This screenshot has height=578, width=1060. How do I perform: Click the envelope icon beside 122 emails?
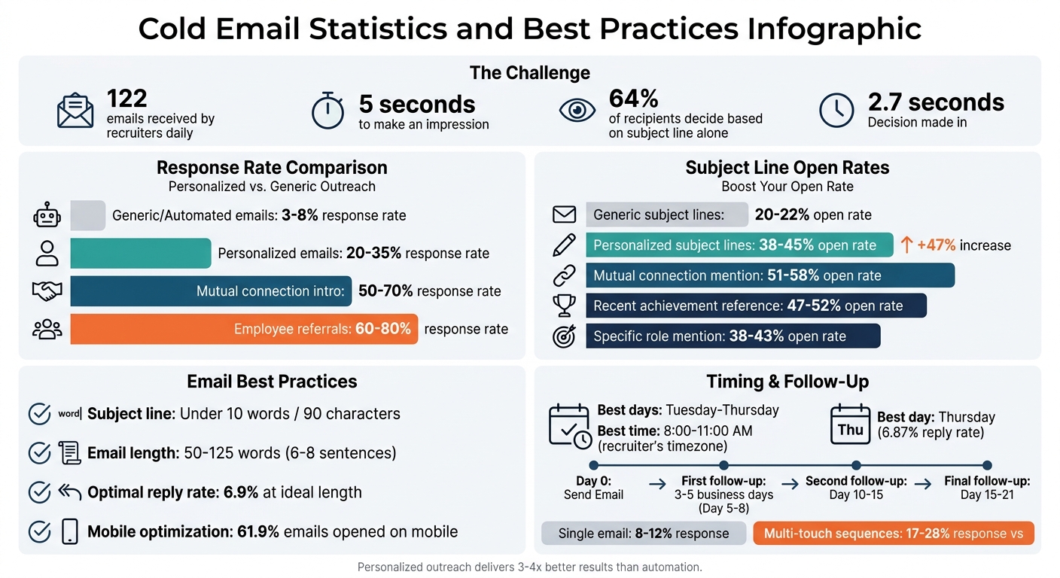pyautogui.click(x=75, y=112)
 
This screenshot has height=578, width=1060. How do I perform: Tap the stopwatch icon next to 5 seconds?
pyautogui.click(x=328, y=111)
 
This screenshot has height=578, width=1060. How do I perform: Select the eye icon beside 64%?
pyautogui.click(x=577, y=111)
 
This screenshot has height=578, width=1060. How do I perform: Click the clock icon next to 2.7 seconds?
pyautogui.click(x=836, y=111)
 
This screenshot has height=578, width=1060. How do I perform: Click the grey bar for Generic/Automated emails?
pyautogui.click(x=87, y=216)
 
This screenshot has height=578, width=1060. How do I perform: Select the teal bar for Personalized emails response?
pyautogui.click(x=140, y=254)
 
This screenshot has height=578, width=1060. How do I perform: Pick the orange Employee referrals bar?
pyautogui.click(x=243, y=329)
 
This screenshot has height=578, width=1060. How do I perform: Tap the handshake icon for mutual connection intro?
pyautogui.click(x=47, y=291)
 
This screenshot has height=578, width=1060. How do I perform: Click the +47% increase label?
pyautogui.click(x=955, y=245)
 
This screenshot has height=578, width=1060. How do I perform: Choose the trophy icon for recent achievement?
pyautogui.click(x=564, y=306)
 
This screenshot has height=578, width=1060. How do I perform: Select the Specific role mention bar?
pyautogui.click(x=732, y=336)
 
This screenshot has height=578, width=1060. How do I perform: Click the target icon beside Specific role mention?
pyautogui.click(x=564, y=336)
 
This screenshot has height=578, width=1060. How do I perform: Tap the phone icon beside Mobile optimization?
pyautogui.click(x=70, y=531)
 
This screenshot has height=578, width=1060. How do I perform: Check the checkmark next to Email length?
pyautogui.click(x=39, y=453)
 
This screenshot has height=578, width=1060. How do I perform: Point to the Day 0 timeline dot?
pyautogui.click(x=593, y=466)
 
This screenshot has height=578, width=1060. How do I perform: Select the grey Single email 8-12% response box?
pyautogui.click(x=643, y=534)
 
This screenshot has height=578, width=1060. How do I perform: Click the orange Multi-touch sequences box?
pyautogui.click(x=893, y=534)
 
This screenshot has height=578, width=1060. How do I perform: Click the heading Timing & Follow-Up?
pyautogui.click(x=787, y=382)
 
